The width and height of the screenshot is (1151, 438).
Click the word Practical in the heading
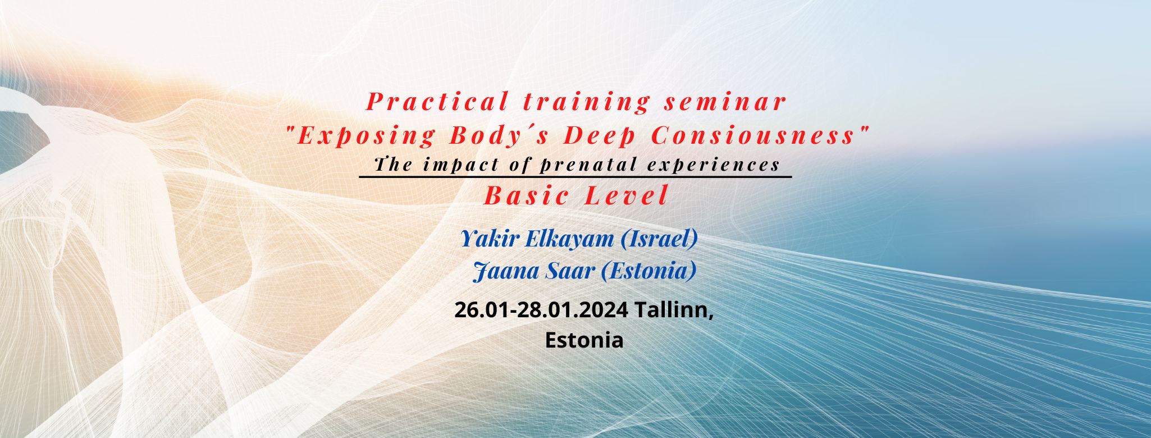tap(437, 102)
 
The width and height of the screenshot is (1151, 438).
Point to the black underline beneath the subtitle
tap(575, 176)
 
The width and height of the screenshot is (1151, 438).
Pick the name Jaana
tap(501, 272)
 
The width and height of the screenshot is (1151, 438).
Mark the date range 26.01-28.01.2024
tap(541, 310)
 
